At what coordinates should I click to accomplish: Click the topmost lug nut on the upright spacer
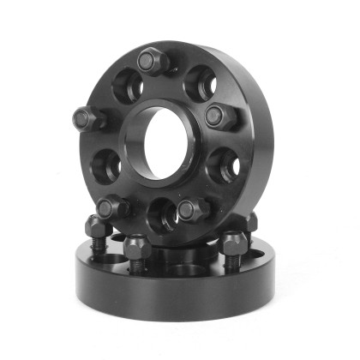point(152,61)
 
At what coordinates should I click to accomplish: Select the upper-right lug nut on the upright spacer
point(218,115)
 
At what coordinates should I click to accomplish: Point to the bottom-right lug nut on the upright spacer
point(192,207)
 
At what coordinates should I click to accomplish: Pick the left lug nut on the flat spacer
point(95,227)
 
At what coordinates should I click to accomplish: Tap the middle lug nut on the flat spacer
point(137,248)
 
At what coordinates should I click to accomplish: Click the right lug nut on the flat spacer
point(233,243)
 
